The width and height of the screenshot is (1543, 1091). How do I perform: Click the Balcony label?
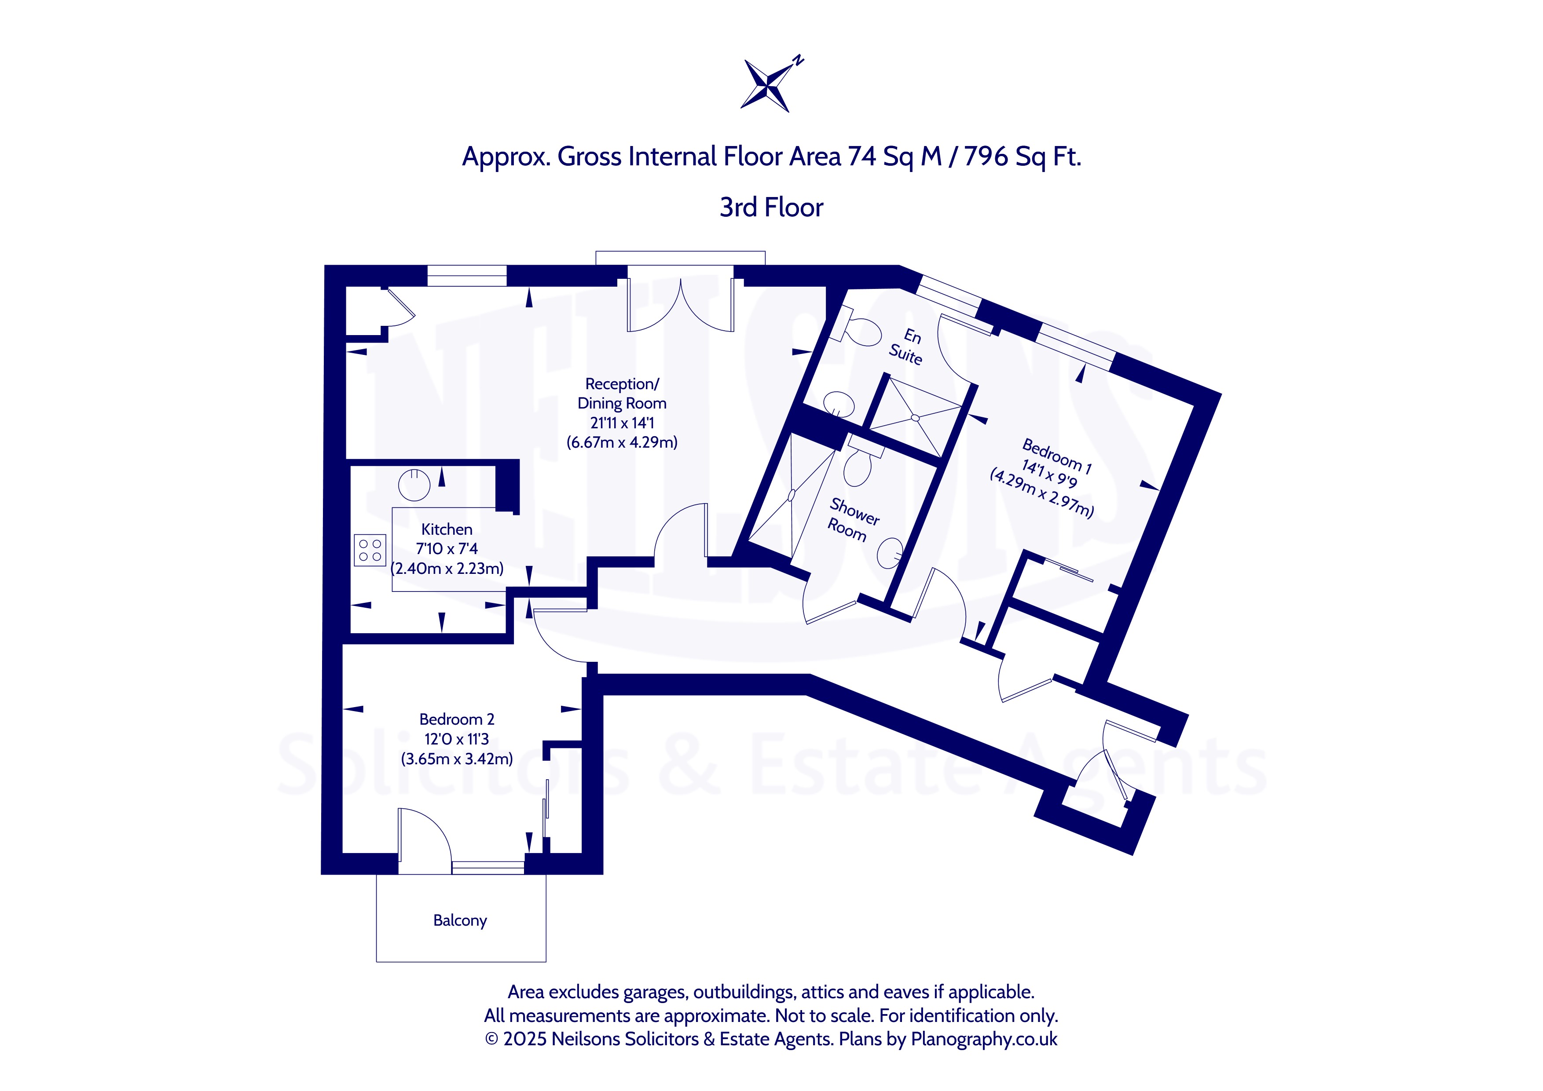coord(460,920)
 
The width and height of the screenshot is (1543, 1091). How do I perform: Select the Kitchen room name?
coord(447,529)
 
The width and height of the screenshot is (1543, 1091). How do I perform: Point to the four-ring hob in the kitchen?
coord(370,550)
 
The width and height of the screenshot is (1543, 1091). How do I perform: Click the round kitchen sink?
coord(414,484)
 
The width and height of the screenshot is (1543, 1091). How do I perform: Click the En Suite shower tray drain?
coord(915,418)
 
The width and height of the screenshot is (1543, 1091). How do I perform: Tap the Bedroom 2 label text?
coord(457,719)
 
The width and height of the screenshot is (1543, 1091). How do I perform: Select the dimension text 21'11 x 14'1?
coord(622,423)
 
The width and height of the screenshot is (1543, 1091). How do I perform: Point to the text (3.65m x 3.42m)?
coord(457,759)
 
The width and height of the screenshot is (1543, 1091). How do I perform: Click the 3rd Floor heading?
coord(772,208)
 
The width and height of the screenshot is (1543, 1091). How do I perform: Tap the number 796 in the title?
coord(986,157)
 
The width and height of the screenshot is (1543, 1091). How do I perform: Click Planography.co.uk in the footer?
coord(985,1039)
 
